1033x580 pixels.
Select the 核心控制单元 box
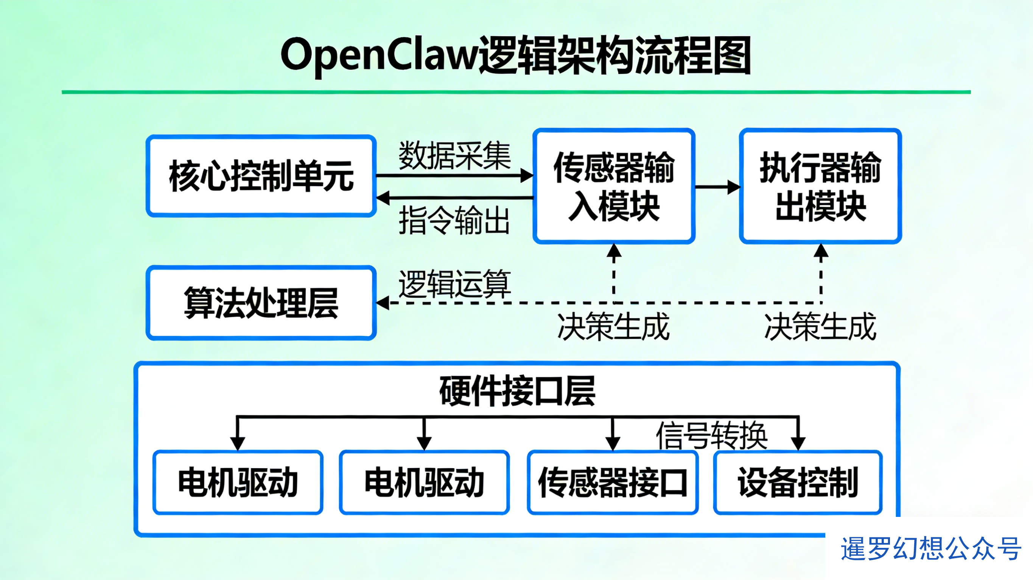(261, 176)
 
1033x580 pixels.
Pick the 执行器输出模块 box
(820, 186)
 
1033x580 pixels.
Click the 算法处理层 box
(261, 303)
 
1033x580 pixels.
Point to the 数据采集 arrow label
(454, 155)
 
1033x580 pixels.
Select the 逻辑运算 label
(454, 284)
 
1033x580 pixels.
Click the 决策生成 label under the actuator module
(820, 326)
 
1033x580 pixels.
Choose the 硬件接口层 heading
(517, 391)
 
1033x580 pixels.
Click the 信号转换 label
(712, 435)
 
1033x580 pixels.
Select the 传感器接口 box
(612, 482)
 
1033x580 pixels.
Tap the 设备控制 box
(798, 482)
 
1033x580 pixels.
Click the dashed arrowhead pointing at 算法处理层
(383, 303)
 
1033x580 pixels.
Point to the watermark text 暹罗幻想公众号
(931, 548)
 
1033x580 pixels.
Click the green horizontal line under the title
(516, 92)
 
